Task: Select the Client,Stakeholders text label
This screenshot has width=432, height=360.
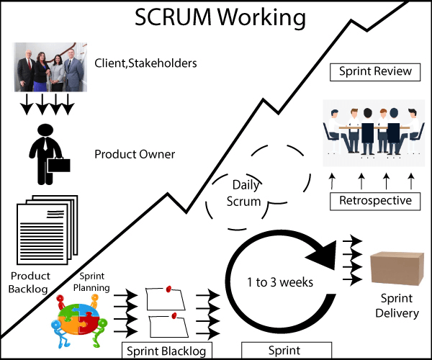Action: tap(145, 64)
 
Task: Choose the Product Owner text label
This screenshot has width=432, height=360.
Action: tap(135, 154)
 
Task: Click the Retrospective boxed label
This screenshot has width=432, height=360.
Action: tap(374, 201)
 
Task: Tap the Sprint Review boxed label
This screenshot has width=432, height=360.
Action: tap(374, 71)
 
